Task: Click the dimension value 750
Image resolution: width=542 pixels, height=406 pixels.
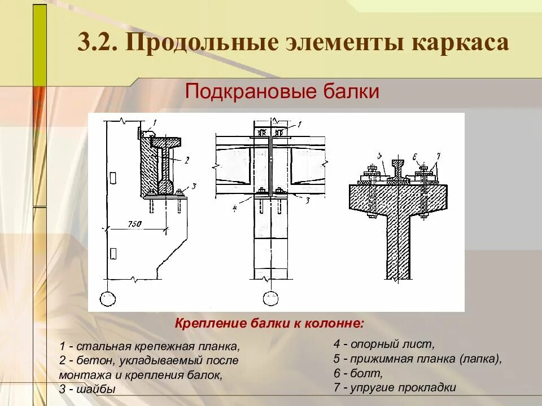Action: click(134, 223)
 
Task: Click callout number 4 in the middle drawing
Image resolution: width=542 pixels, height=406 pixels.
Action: click(234, 207)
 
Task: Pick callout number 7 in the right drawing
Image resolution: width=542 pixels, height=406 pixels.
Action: click(438, 156)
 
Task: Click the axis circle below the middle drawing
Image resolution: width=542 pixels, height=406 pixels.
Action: click(272, 298)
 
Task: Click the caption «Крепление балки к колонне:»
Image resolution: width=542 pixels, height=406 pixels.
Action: click(270, 324)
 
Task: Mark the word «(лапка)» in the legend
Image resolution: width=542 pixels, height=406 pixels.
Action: click(479, 358)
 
